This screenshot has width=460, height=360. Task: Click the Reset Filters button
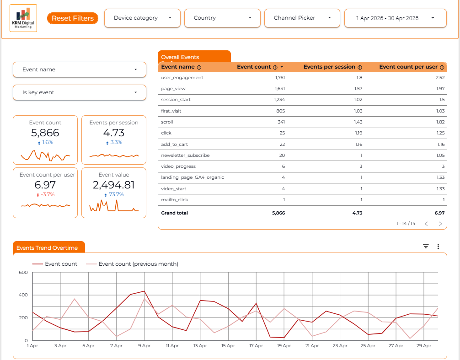pyautogui.click(x=72, y=18)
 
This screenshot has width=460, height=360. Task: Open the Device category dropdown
pyautogui.click(x=142, y=18)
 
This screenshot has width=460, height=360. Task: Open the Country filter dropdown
pyautogui.click(x=222, y=18)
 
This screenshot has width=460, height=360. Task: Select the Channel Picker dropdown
pyautogui.click(x=302, y=18)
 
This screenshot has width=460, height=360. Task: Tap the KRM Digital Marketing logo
pyautogui.click(x=23, y=18)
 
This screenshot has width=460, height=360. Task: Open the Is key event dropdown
pyautogui.click(x=80, y=92)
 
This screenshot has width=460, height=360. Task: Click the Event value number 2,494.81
pyautogui.click(x=114, y=185)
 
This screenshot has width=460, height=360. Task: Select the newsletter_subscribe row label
pyautogui.click(x=185, y=155)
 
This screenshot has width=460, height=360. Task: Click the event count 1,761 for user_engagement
pyautogui.click(x=280, y=77)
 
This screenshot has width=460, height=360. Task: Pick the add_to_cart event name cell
pyautogui.click(x=174, y=145)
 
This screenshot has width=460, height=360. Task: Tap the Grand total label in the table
pyautogui.click(x=174, y=213)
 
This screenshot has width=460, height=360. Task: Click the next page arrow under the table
pyautogui.click(x=440, y=224)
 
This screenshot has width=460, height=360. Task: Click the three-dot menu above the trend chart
pyautogui.click(x=438, y=247)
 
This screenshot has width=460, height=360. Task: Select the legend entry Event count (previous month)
pyautogui.click(x=132, y=264)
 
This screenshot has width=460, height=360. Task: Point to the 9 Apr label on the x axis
pyautogui.click(x=144, y=346)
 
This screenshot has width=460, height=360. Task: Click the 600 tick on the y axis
pyautogui.click(x=23, y=272)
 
